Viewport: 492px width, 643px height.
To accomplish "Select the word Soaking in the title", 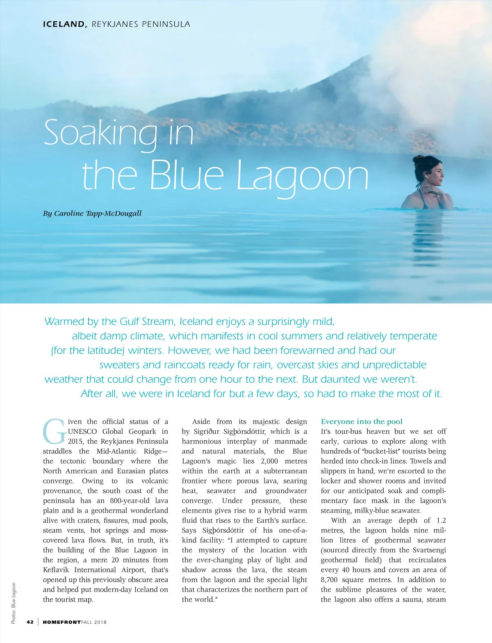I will click(x=100, y=133).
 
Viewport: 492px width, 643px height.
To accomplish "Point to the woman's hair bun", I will click(x=418, y=160).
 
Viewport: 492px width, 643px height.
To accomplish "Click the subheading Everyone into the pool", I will click(x=362, y=421).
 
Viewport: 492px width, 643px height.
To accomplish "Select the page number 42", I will click(x=30, y=622).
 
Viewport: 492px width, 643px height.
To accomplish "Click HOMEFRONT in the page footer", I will click(x=61, y=622).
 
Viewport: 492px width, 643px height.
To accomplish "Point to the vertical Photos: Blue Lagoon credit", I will click(x=14, y=604).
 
